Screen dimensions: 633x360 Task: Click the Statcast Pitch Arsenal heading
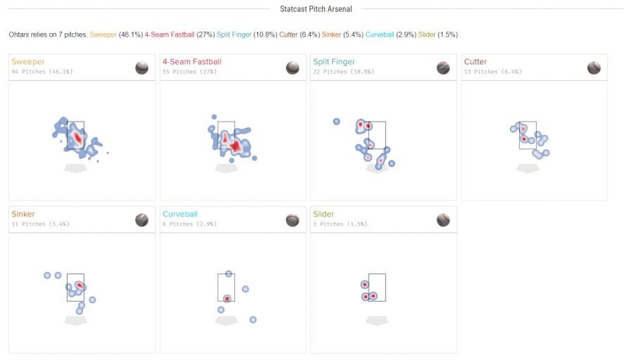[316, 9]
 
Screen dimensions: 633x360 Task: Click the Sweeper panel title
[28, 62]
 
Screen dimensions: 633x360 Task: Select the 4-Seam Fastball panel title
[192, 62]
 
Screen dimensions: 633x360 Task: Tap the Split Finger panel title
[334, 62]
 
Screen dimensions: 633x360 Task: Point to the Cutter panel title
[475, 62]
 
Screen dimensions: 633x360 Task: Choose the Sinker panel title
[23, 214]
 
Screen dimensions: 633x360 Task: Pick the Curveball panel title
[180, 214]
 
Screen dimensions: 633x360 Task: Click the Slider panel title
[324, 214]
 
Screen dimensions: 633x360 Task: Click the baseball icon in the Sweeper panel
[141, 67]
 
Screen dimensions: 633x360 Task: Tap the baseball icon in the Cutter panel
[594, 67]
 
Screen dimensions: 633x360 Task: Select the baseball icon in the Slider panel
[443, 220]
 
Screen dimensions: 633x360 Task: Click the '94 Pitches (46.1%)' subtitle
[42, 72]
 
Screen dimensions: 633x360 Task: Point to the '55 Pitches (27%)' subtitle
[189, 72]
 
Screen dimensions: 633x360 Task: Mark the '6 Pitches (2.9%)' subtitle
[189, 224]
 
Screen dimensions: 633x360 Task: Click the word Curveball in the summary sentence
[380, 34]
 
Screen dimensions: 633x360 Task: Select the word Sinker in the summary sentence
[331, 34]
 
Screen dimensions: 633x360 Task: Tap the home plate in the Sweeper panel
[75, 168]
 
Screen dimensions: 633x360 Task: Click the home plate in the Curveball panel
[226, 321]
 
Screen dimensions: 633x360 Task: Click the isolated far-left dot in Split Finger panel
[336, 122]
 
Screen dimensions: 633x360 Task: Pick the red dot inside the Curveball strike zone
[227, 299]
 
